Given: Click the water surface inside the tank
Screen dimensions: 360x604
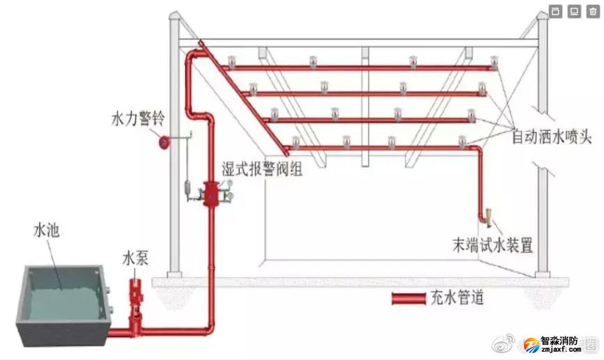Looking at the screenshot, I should coord(59,289).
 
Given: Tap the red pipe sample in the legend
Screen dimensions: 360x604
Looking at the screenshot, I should coord(408,299).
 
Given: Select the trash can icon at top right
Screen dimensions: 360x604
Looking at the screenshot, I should coord(591,11).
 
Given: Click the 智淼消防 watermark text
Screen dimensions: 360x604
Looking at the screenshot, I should coord(559,341).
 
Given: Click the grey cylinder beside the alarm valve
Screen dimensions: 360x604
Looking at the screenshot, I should coord(187,188).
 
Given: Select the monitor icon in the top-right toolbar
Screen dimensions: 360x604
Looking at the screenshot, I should coord(573,11).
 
